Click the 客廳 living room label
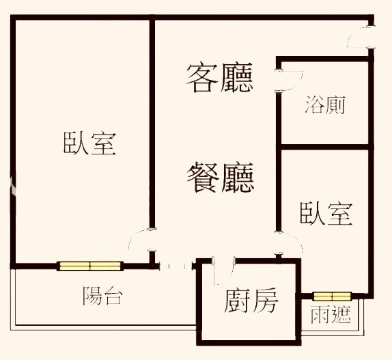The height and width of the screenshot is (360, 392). tap(220, 78)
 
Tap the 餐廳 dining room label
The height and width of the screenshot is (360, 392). tap(221, 177)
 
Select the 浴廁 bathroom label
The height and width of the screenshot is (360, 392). tap(325, 105)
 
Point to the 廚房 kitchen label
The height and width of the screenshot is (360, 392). tap(251, 301)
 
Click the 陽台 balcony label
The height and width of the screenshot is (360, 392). tap(102, 296)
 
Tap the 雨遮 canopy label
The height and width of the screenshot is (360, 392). tap(331, 315)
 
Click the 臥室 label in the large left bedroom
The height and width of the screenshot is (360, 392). tap(89, 143)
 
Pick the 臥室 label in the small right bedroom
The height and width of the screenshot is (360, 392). tap(326, 214)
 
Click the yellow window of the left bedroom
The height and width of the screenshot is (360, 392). tap(90, 266)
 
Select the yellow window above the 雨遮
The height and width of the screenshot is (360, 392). tap(333, 296)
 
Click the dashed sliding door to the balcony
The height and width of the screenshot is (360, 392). tap(176, 266)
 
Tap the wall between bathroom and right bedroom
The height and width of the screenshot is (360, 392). tap(325, 147)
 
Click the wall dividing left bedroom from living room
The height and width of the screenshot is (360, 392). tap(152, 122)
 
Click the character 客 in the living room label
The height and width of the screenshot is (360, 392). tap(203, 78)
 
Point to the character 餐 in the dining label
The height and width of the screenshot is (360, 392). tap(203, 177)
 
